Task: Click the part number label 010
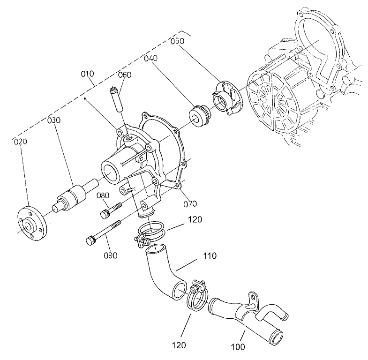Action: point(88,74)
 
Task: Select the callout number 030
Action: point(54,120)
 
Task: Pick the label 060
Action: point(124,75)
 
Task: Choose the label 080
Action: point(104,195)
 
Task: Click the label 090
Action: point(111,255)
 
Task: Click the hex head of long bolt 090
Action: point(91,241)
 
